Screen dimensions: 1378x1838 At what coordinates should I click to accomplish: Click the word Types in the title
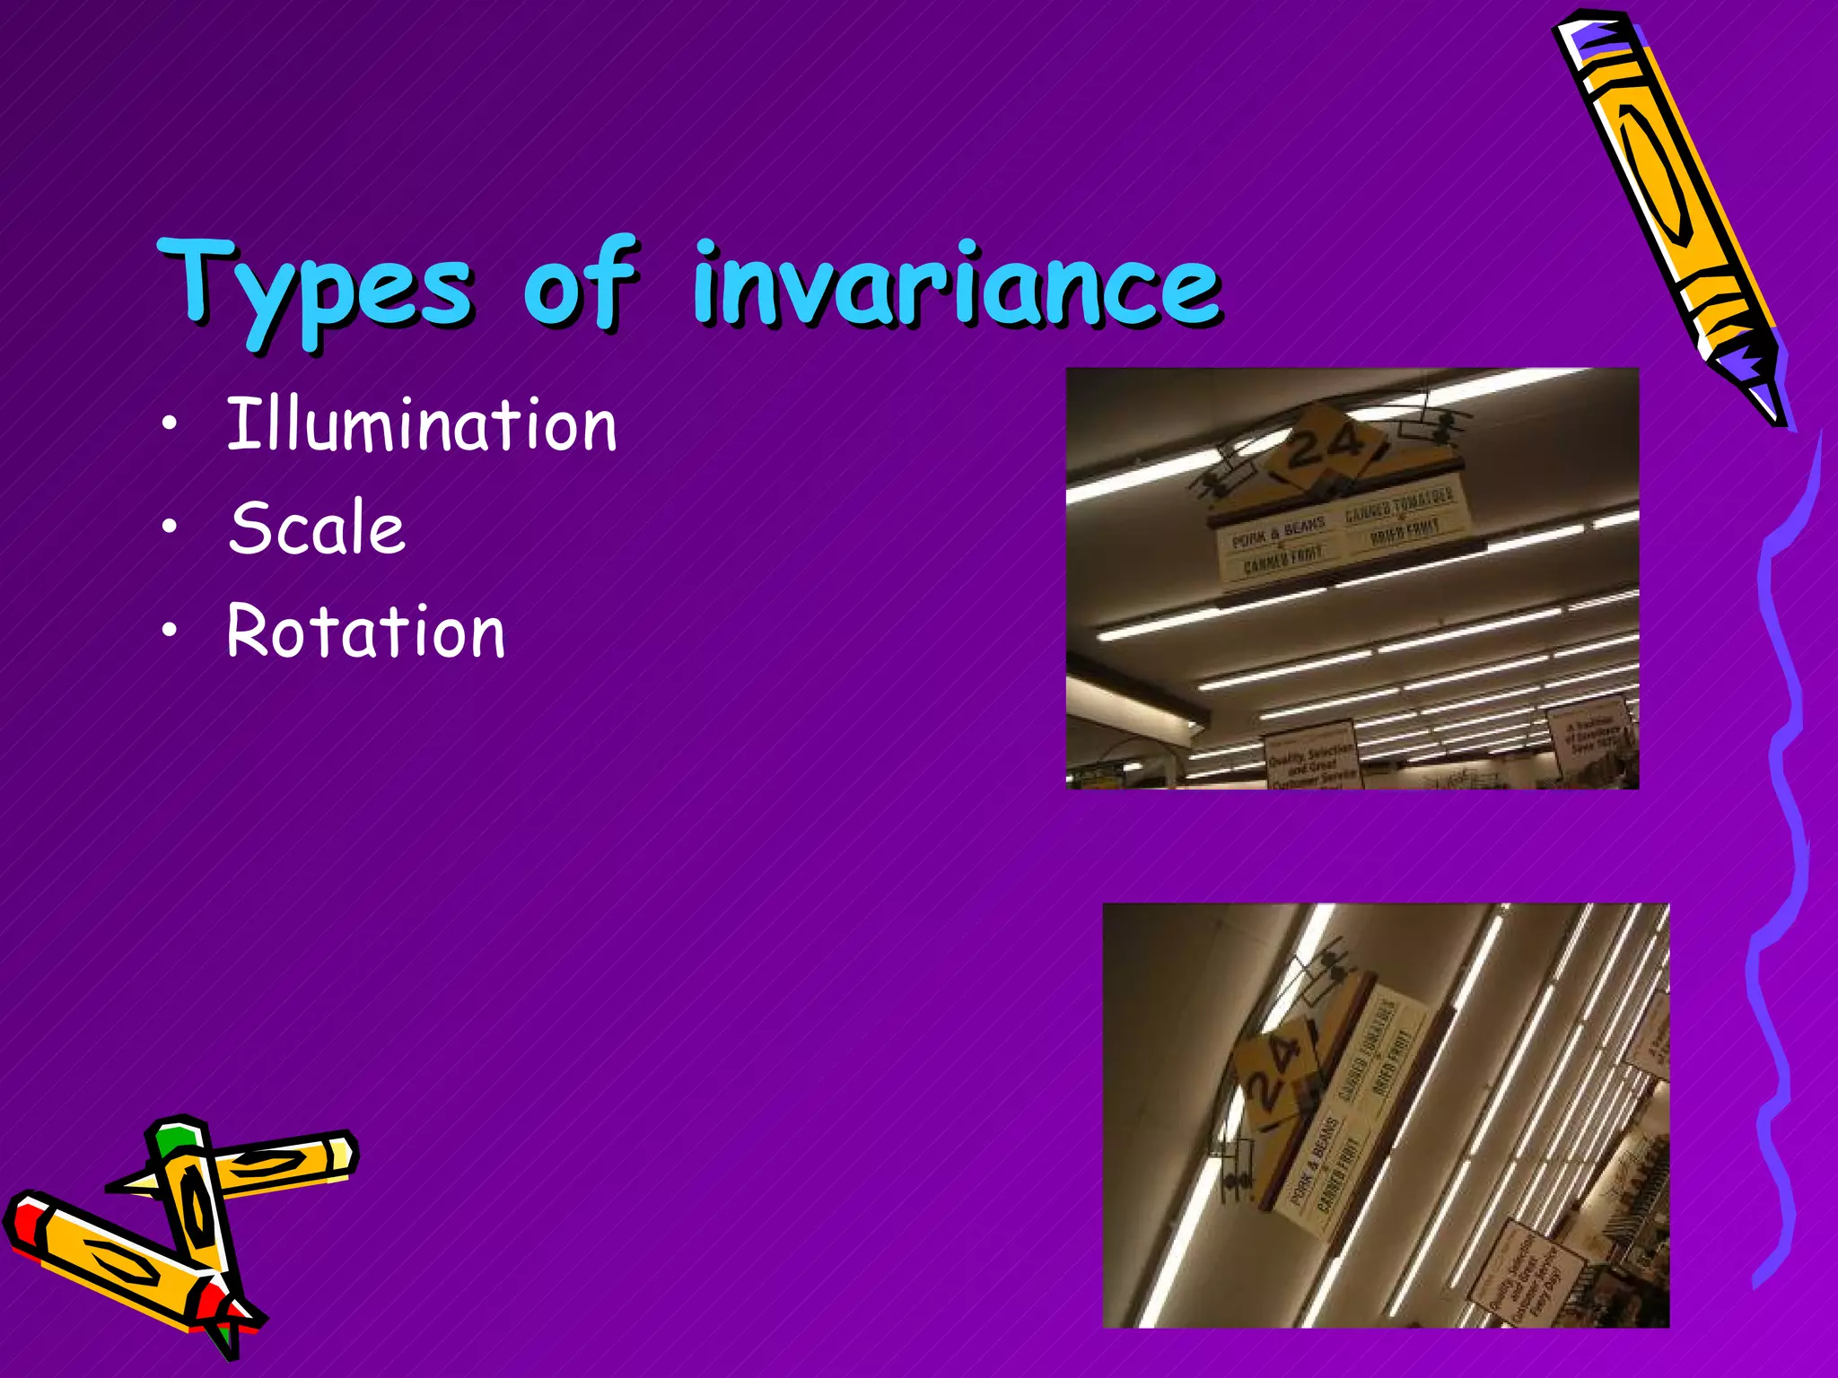tap(314, 285)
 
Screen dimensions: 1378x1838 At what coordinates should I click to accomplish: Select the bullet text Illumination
tap(422, 425)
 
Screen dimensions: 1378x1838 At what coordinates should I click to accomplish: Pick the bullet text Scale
tap(317, 528)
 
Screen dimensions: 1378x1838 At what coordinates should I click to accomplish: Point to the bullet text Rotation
tap(365, 632)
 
